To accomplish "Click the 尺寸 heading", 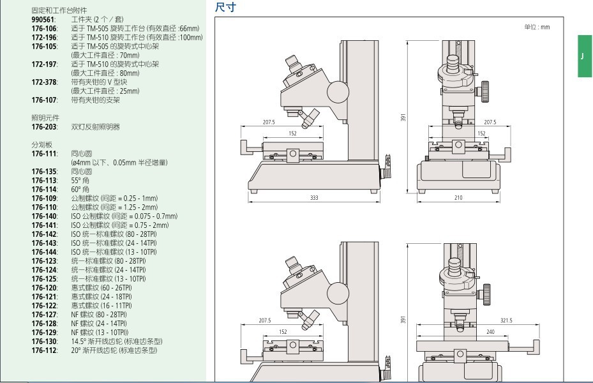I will click(x=225, y=7).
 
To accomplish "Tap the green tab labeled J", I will click(x=584, y=56).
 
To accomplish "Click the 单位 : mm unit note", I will click(x=536, y=27).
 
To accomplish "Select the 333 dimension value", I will click(x=314, y=198).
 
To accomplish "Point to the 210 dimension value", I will click(x=458, y=198).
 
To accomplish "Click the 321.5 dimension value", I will click(x=506, y=320).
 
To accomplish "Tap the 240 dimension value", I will click(x=490, y=332).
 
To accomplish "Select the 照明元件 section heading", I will click(x=44, y=118).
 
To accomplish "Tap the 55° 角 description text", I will click(x=80, y=181).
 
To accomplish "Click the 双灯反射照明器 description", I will click(x=95, y=127).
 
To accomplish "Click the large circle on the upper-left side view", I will click(x=338, y=93).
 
